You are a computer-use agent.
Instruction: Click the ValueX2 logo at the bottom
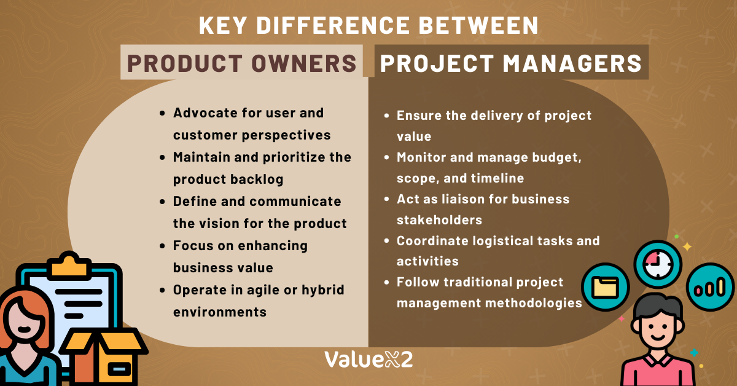click(x=368, y=360)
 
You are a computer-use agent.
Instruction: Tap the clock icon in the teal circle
click(x=658, y=264)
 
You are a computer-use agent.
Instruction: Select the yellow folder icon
click(x=605, y=287)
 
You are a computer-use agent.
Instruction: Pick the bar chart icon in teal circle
click(x=711, y=287)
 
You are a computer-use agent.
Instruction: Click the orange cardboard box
click(x=104, y=356)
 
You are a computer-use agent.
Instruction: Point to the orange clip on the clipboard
click(x=68, y=265)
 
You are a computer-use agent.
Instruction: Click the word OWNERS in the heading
click(x=304, y=63)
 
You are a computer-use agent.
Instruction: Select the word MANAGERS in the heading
click(x=572, y=63)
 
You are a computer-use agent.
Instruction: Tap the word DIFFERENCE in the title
click(x=333, y=25)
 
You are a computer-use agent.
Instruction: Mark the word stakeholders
click(x=439, y=219)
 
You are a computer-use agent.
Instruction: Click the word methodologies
click(x=534, y=304)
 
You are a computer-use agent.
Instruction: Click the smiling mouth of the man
click(x=658, y=337)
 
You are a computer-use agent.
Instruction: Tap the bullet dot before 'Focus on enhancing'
click(x=162, y=246)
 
